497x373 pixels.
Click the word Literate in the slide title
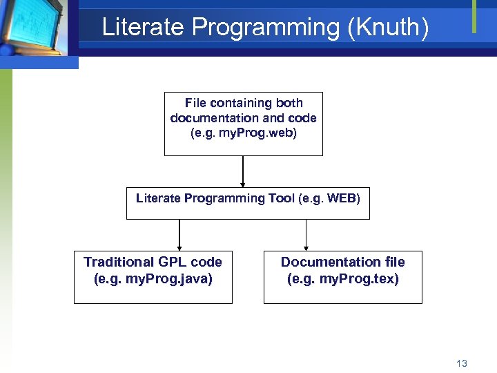(x=143, y=28)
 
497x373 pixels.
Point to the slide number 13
(x=462, y=363)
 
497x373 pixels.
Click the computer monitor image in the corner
(x=35, y=28)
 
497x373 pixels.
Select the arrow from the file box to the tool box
(x=243, y=171)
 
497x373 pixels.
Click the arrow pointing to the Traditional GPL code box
(x=179, y=235)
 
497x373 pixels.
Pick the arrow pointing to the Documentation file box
(x=306, y=235)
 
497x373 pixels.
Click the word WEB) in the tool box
(x=342, y=199)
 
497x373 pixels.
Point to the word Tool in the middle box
(x=281, y=199)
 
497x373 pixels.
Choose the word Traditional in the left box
(x=119, y=262)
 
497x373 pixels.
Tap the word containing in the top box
(x=242, y=103)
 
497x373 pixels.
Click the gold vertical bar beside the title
(x=474, y=16)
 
